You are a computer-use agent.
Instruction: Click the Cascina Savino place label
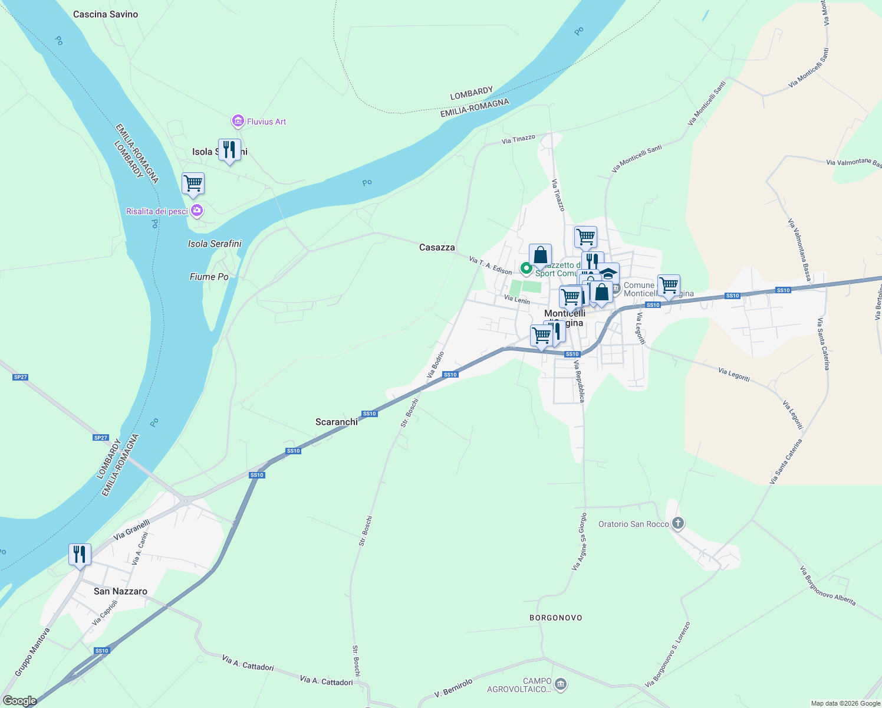pos(106,14)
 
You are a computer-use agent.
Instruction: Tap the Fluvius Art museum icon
pos(238,122)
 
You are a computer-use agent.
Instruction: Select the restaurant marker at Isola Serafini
pos(229,150)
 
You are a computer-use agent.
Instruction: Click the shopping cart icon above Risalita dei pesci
pos(193,183)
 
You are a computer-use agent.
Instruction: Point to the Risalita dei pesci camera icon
pos(197,211)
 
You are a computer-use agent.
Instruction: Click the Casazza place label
pos(437,247)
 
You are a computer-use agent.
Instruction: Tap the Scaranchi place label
pos(337,422)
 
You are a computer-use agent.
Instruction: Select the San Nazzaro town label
pos(120,591)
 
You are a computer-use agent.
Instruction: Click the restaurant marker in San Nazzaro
pos(80,555)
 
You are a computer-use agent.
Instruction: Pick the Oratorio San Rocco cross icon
pos(678,523)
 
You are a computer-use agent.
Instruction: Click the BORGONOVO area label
pos(556,618)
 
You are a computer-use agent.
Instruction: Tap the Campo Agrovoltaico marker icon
pos(561,684)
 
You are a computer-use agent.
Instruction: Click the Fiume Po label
pos(209,277)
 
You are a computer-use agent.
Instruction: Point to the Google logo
pos(19,701)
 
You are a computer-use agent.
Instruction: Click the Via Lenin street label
pos(517,300)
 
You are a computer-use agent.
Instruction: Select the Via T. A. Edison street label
pos(491,265)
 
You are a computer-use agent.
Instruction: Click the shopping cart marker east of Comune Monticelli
pos(669,286)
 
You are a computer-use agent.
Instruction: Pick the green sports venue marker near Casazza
pos(526,269)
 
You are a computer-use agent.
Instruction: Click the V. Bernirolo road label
pos(453,688)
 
